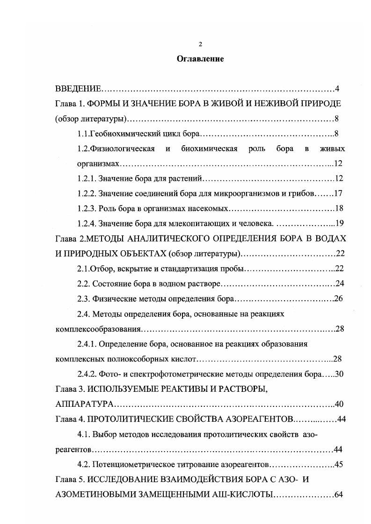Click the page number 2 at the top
coord(200,44)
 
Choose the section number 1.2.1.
coord(87,178)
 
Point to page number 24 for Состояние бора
coord(340,283)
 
